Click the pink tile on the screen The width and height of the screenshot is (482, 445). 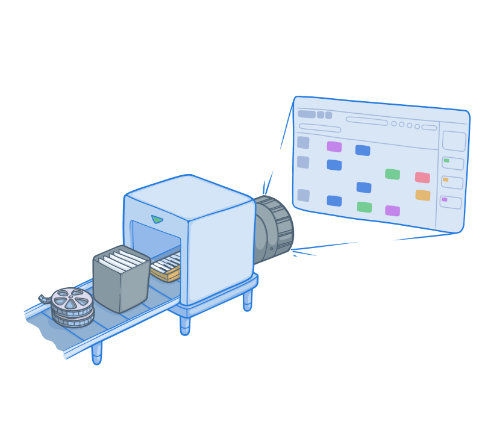422,178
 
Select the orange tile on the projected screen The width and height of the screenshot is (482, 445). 422,195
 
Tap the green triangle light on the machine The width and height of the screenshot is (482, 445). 157,219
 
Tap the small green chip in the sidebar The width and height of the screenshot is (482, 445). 446,161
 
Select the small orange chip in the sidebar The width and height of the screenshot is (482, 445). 446,179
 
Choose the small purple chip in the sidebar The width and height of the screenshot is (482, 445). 445,199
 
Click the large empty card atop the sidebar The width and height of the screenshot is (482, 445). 454,141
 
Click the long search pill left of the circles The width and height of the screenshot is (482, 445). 366,121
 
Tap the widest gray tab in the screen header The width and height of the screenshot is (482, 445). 307,114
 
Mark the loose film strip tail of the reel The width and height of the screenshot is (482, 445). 44,298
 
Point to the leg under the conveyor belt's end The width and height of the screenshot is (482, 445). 96,353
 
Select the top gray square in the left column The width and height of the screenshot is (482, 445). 303,143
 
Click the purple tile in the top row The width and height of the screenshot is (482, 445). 334,146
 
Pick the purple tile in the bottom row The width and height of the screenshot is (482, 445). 392,211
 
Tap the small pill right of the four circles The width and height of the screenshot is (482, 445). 429,128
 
